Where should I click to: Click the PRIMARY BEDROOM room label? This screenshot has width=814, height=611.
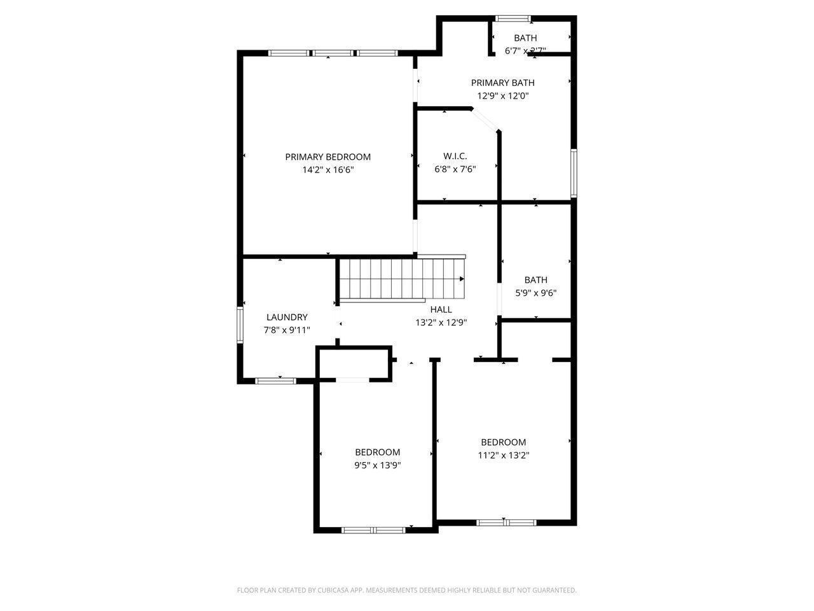tap(328, 157)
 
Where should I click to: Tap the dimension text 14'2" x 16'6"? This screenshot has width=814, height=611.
tap(328, 170)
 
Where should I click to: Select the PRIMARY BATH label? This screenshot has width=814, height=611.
tap(502, 83)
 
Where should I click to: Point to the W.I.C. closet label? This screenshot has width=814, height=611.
tap(455, 156)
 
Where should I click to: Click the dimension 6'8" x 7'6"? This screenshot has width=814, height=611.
tap(455, 169)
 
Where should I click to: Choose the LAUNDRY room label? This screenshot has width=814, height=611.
tap(287, 317)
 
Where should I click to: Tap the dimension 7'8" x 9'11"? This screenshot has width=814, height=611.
tap(287, 330)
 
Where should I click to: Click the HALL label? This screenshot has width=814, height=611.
tap(441, 309)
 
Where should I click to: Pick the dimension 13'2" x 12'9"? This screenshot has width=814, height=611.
tap(441, 323)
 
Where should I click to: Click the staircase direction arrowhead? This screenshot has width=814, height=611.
tap(462, 279)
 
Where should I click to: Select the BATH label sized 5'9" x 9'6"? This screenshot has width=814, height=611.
tap(535, 279)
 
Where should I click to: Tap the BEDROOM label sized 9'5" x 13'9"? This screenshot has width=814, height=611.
tap(377, 452)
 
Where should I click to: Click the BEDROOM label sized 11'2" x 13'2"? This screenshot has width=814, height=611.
tap(503, 442)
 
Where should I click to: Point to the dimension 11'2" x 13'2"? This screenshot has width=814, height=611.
tap(503, 456)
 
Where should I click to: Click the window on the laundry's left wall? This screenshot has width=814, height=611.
tap(240, 325)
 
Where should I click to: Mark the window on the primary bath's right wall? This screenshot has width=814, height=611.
tap(573, 172)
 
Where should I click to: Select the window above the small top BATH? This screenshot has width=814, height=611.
tap(514, 18)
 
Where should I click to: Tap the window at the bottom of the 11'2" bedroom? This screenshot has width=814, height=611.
tap(506, 523)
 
